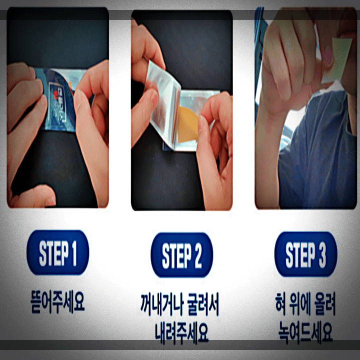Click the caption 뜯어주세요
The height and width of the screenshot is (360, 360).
(x=57, y=303)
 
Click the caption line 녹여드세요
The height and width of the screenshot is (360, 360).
(x=306, y=330)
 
